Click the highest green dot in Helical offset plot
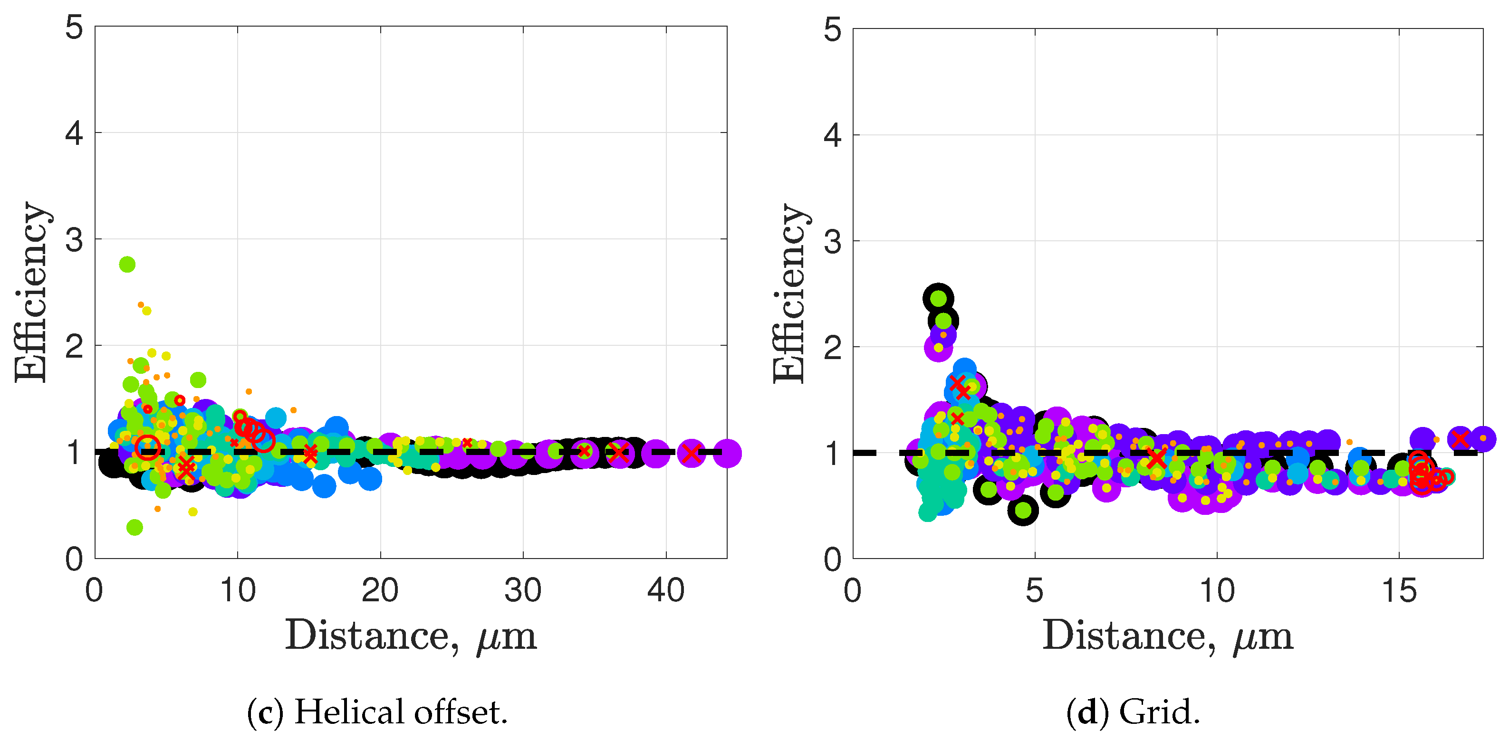point(127,264)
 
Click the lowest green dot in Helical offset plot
point(135,527)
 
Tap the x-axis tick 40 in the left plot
point(665,590)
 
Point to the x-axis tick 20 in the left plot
point(380,590)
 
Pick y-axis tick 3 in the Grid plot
point(832,241)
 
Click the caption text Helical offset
point(400,712)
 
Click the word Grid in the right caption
point(1159,712)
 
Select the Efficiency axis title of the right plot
point(790,293)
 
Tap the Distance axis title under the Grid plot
point(1167,636)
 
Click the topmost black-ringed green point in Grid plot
point(939,298)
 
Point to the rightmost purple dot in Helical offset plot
point(727,453)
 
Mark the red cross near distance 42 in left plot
point(691,453)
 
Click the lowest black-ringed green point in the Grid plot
point(1023,510)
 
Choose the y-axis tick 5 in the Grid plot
point(832,29)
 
